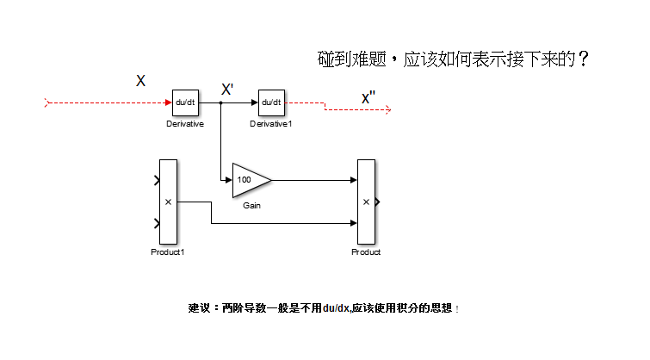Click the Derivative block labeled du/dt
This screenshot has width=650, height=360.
pyautogui.click(x=184, y=102)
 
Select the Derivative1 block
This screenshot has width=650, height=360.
pyautogui.click(x=271, y=102)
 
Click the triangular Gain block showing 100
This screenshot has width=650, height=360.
pyautogui.click(x=250, y=180)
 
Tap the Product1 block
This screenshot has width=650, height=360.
pyautogui.click(x=168, y=202)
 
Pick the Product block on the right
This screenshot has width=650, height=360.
pyautogui.click(x=366, y=202)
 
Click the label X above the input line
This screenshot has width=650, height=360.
pyautogui.click(x=140, y=80)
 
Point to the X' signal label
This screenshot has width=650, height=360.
pyautogui.click(x=228, y=89)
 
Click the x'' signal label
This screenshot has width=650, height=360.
pyautogui.click(x=368, y=97)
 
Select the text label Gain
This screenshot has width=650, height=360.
pyautogui.click(x=251, y=207)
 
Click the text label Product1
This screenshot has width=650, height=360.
pyautogui.click(x=168, y=252)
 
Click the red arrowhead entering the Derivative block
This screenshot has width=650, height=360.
pyautogui.click(x=168, y=102)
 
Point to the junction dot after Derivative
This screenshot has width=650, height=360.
pyautogui.click(x=221, y=102)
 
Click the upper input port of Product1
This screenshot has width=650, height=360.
pyautogui.click(x=157, y=180)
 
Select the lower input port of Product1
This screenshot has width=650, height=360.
pyautogui.click(x=157, y=224)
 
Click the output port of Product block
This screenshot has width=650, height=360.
pyautogui.click(x=378, y=202)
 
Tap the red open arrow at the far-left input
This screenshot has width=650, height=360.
pyautogui.click(x=47, y=102)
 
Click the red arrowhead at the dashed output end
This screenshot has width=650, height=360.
pyautogui.click(x=388, y=109)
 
